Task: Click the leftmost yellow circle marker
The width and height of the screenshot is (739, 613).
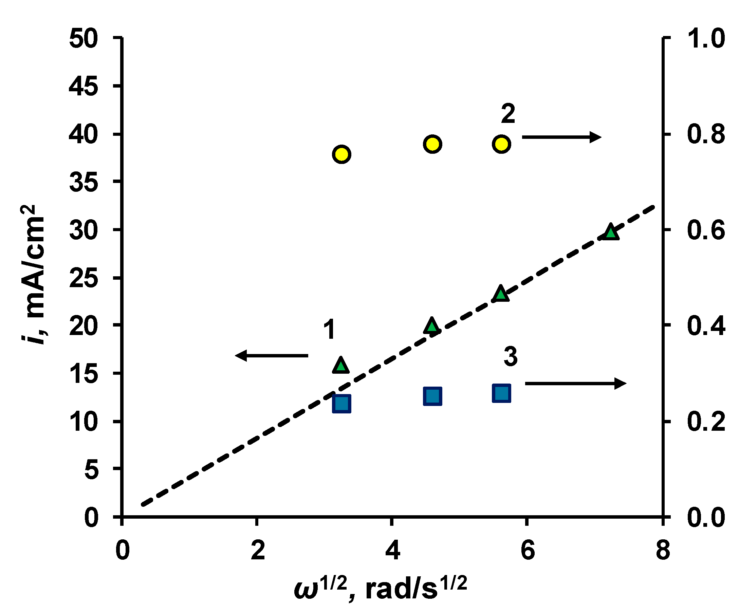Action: pos(341,154)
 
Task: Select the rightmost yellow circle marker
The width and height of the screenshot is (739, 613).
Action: pos(501,144)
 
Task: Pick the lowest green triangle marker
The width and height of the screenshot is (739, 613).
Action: pos(340,365)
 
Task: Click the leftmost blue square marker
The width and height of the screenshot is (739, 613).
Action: pos(341,403)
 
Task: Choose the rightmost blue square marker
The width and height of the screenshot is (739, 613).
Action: pos(501,393)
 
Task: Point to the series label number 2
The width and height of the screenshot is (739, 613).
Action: pos(508,114)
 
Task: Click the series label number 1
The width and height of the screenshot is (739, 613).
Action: pos(329,330)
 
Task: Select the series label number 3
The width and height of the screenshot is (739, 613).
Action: pos(510,356)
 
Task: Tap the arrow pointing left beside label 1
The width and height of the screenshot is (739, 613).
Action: pos(271,355)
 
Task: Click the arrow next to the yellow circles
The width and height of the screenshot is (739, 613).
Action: pos(561,137)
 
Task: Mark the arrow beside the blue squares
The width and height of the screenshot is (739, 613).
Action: pos(575,383)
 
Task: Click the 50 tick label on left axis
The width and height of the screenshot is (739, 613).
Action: pos(84,38)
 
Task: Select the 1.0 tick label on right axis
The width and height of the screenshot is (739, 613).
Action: pos(706,38)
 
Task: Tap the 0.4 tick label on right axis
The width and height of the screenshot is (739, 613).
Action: pos(706,326)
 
